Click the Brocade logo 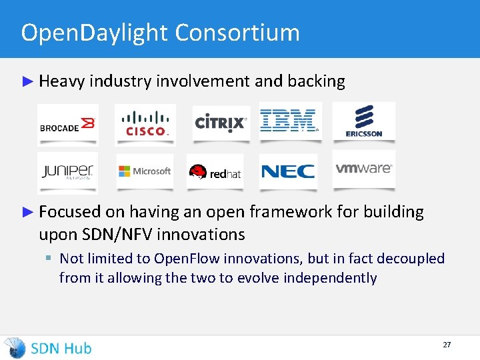coord(68,125)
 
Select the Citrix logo coord(221,123)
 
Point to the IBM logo coord(289,121)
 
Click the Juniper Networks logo coord(67,171)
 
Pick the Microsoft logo coord(145,171)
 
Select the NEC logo coord(288,171)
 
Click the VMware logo coord(363,169)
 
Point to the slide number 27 coord(447,345)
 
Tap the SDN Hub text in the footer coord(61,348)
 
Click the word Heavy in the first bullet coord(61,81)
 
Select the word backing coord(316,81)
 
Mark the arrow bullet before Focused coord(27,212)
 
